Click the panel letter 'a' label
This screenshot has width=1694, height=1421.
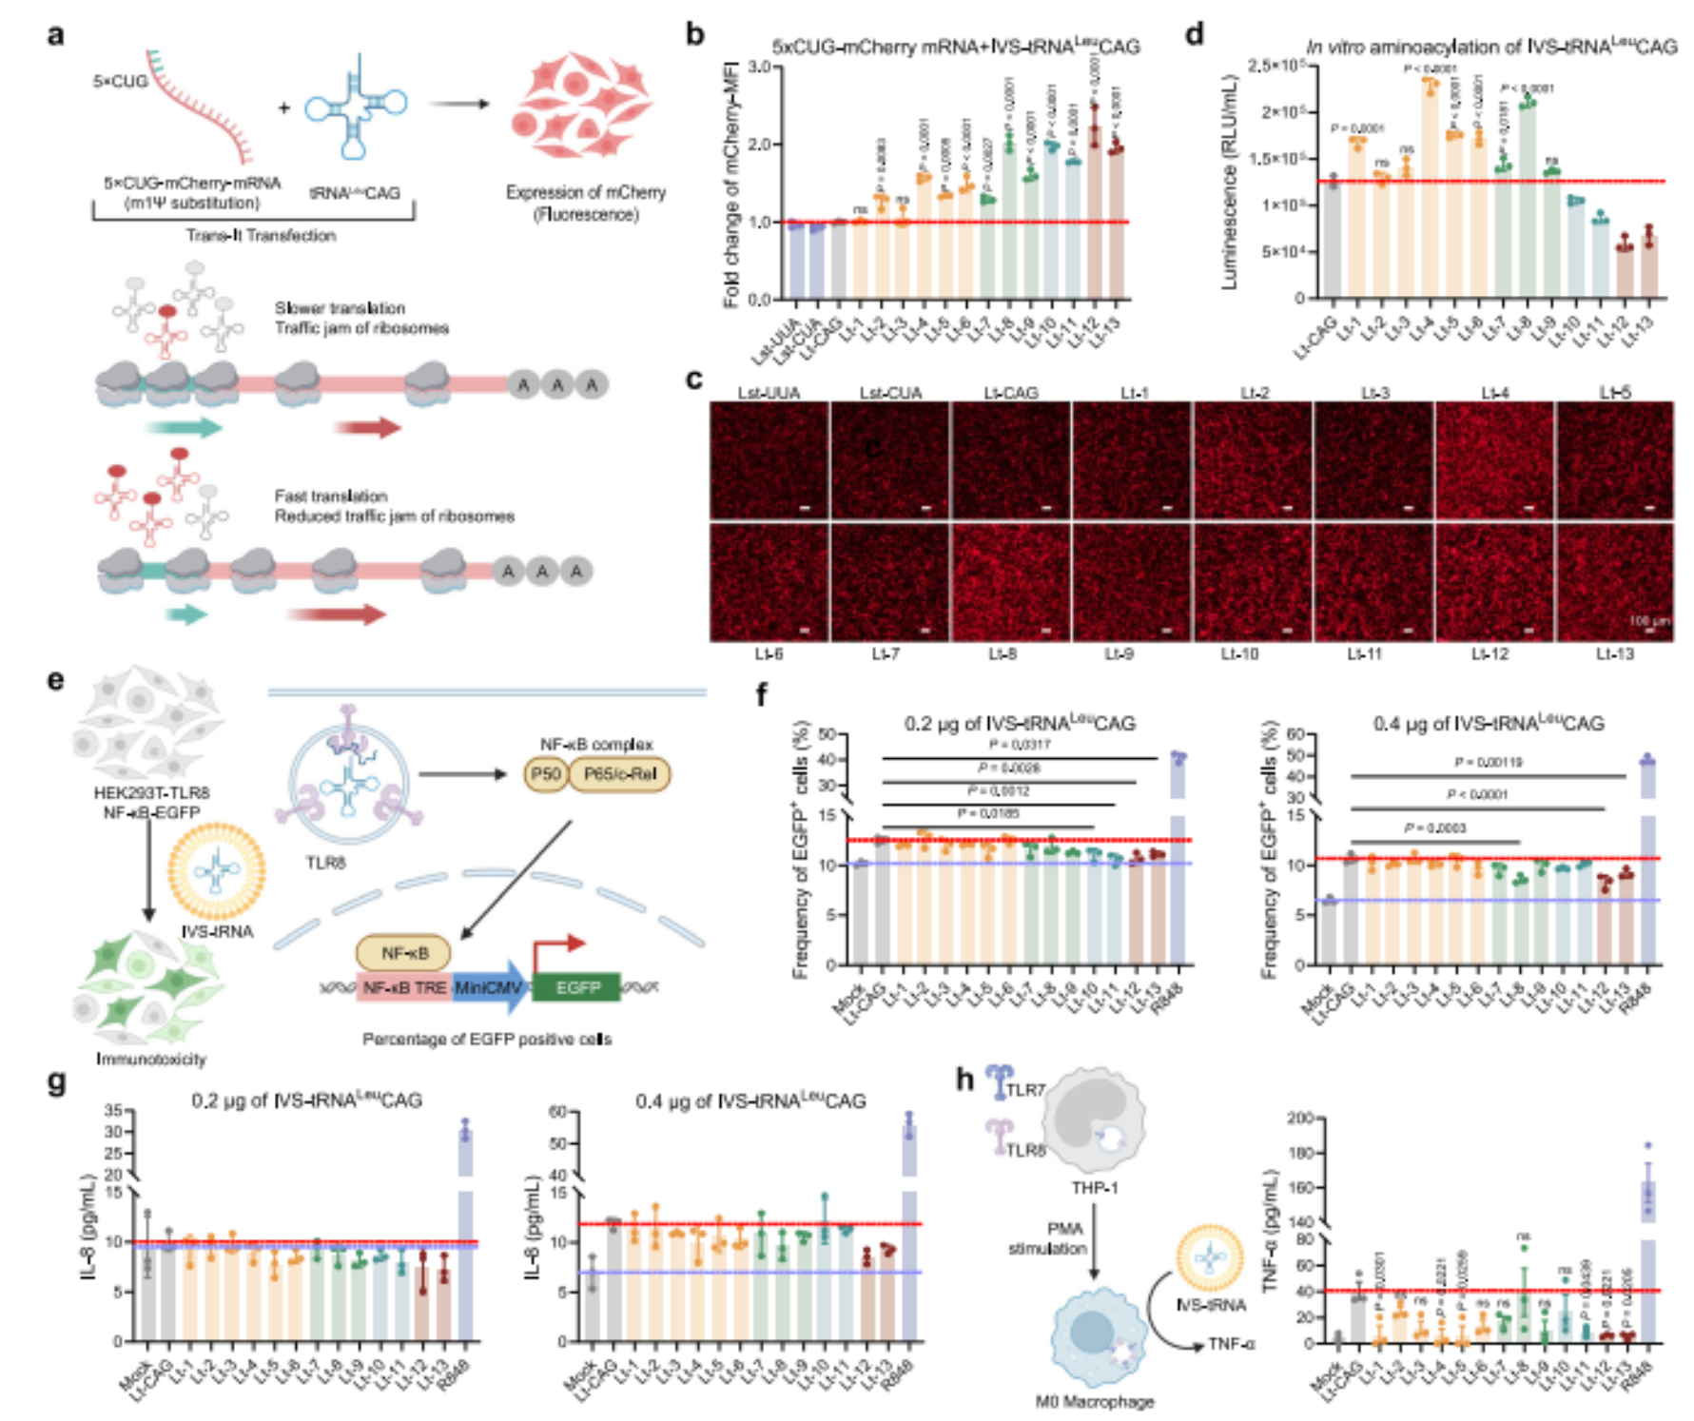click(56, 35)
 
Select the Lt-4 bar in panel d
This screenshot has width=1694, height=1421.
click(1430, 190)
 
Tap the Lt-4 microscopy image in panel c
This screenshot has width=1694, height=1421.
click(1494, 460)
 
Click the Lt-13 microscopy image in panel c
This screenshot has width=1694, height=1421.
click(1615, 582)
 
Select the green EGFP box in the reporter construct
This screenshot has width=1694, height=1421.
click(576, 987)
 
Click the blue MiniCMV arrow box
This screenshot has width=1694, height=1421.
click(489, 987)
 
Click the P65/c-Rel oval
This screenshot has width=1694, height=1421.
click(619, 774)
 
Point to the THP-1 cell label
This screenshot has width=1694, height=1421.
click(1095, 1188)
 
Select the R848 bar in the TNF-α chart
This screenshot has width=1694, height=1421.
click(1647, 1265)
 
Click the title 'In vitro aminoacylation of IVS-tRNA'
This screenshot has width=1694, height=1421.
click(1490, 47)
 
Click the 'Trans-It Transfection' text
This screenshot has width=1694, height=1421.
click(261, 235)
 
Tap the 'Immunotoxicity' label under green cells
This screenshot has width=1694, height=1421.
click(150, 1059)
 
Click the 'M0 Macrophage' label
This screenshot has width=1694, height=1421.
click(1094, 1401)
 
